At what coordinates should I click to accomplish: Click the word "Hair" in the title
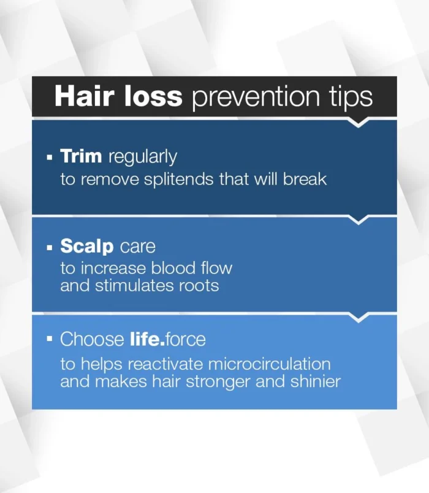click(84, 96)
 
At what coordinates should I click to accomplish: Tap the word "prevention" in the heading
click(256, 97)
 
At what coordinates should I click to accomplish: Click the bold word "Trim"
click(81, 156)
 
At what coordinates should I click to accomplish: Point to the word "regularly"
click(143, 157)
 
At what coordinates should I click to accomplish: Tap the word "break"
click(305, 179)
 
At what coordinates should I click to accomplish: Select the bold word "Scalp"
click(87, 246)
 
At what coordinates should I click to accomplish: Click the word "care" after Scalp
click(138, 247)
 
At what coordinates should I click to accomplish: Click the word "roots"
click(199, 286)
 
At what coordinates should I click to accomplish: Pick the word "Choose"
click(92, 339)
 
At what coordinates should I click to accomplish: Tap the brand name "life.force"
click(168, 339)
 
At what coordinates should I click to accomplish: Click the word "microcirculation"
click(269, 364)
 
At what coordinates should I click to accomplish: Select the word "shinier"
click(316, 381)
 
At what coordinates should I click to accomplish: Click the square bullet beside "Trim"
click(50, 157)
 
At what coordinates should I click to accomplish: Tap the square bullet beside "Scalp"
click(50, 248)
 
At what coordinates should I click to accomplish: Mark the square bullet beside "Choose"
click(50, 339)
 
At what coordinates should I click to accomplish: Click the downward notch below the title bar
click(359, 123)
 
